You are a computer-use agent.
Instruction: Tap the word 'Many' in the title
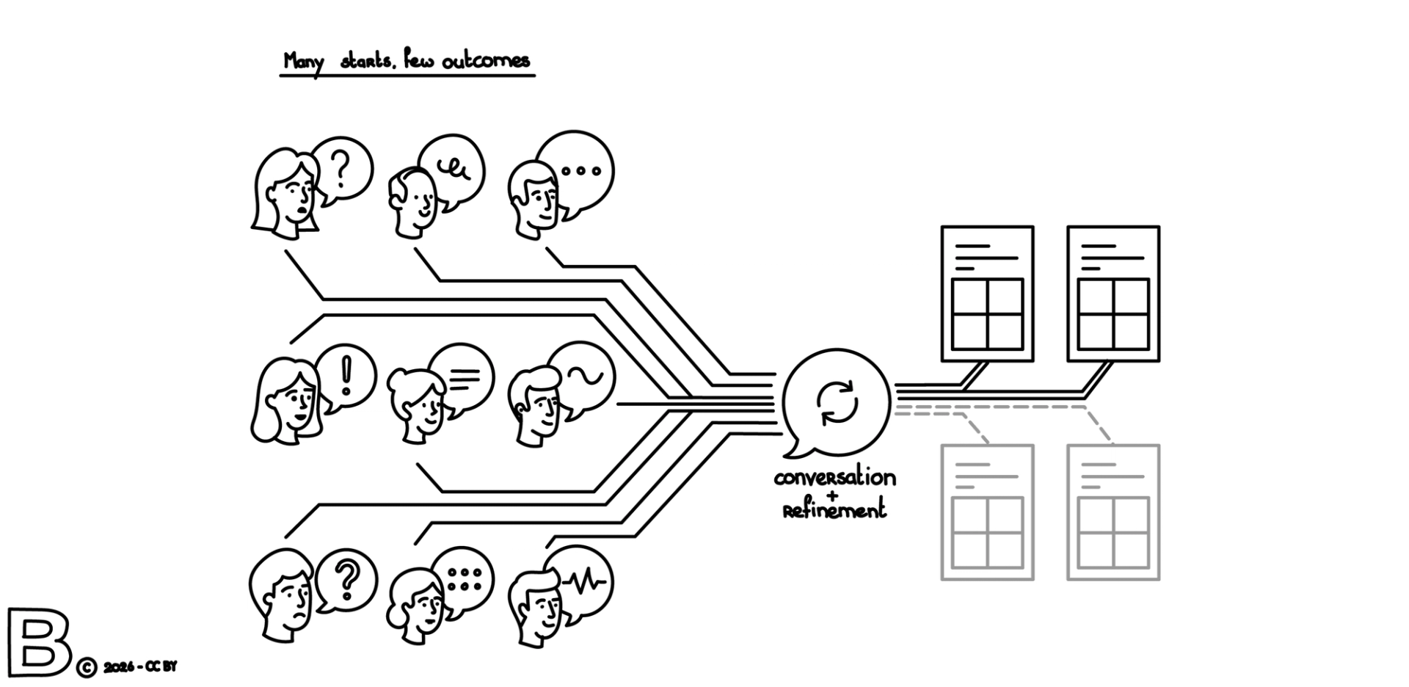tap(303, 62)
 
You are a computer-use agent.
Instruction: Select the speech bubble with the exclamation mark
tap(347, 376)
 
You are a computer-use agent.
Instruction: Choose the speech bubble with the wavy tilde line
tap(586, 377)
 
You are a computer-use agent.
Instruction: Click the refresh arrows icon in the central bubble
tap(837, 402)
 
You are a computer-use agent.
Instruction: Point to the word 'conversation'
tap(834, 478)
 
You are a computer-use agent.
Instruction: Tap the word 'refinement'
tap(834, 510)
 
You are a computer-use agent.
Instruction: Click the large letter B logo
tap(38, 641)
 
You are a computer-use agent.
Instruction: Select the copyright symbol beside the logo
tap(86, 667)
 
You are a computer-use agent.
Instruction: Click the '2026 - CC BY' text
tap(140, 667)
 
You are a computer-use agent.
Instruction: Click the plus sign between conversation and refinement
tap(831, 495)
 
